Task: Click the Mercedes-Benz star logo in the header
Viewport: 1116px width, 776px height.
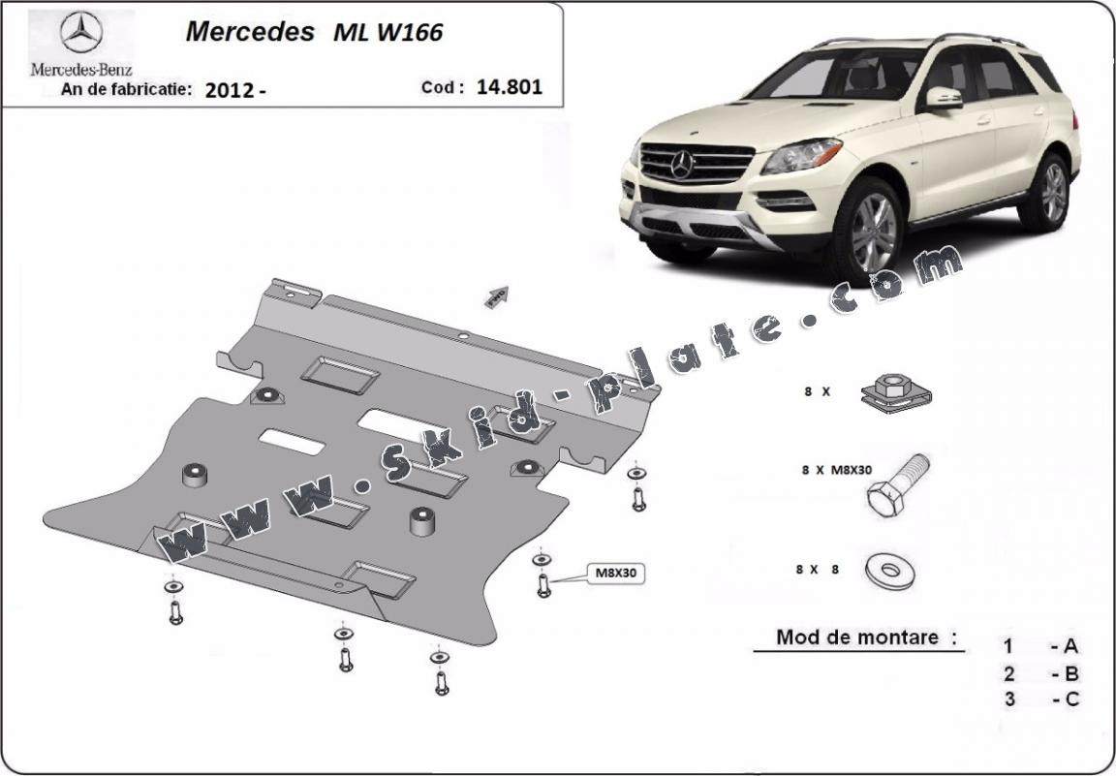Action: pyautogui.click(x=81, y=34)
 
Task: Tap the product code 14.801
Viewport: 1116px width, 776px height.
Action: pyautogui.click(x=510, y=86)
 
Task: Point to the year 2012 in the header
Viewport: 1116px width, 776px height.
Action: pyautogui.click(x=231, y=90)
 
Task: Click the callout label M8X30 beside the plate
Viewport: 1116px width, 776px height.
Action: pyautogui.click(x=615, y=574)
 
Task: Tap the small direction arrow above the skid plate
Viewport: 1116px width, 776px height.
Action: pyautogui.click(x=497, y=296)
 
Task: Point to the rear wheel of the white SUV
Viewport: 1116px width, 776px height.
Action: pyautogui.click(x=1052, y=192)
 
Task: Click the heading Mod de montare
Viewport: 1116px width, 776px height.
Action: pyautogui.click(x=856, y=637)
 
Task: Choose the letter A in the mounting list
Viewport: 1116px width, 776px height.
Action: pyautogui.click(x=1071, y=646)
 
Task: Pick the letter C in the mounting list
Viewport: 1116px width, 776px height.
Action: pyautogui.click(x=1071, y=698)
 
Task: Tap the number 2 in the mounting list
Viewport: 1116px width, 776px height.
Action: pyautogui.click(x=1009, y=673)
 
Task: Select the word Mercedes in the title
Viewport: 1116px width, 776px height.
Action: pyautogui.click(x=249, y=32)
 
